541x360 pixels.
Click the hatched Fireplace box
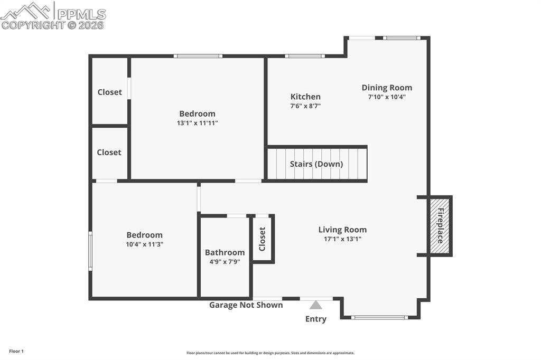[440, 225]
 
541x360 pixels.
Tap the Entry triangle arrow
[316, 305]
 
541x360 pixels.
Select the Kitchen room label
[305, 97]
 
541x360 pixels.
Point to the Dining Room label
[387, 88]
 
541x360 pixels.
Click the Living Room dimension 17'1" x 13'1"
[342, 239]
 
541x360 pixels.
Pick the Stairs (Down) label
[316, 164]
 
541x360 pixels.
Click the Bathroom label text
[225, 252]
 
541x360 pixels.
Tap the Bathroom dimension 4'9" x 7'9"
[225, 261]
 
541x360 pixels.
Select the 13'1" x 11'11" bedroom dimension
[197, 122]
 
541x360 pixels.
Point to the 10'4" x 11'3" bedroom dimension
[144, 244]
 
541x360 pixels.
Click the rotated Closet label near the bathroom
[262, 239]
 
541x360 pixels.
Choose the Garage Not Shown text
[246, 305]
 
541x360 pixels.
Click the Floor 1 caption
[16, 351]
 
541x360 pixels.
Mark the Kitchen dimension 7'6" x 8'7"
[305, 106]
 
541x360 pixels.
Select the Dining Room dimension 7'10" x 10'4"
[387, 97]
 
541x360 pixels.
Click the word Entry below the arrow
[316, 319]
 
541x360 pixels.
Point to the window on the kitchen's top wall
[305, 55]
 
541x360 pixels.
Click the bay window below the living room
[379, 317]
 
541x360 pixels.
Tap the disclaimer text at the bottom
[270, 353]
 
